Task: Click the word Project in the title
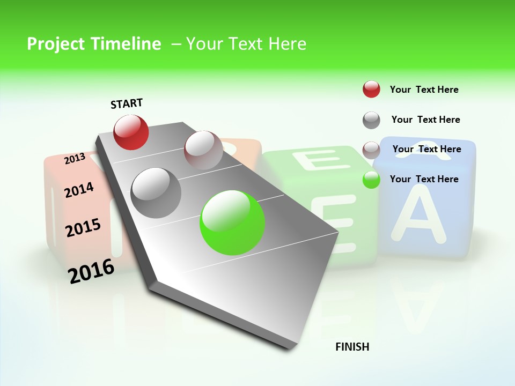[x=55, y=44]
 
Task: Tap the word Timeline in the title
[x=126, y=44]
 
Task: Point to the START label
[x=127, y=103]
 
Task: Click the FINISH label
[x=352, y=347]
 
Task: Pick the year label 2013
[x=75, y=158]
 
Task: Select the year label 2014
[x=79, y=190]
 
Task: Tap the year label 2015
[x=83, y=228]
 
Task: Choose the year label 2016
[x=91, y=271]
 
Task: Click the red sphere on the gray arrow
[x=131, y=132]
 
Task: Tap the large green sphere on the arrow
[x=232, y=222]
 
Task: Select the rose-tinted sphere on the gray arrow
[x=203, y=150]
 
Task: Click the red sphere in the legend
[x=371, y=89]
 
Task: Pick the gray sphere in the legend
[x=371, y=120]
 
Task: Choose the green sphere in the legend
[x=371, y=180]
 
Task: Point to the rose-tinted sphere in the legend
[x=371, y=150]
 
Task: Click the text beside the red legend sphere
[x=424, y=90]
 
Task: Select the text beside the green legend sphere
[x=424, y=179]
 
